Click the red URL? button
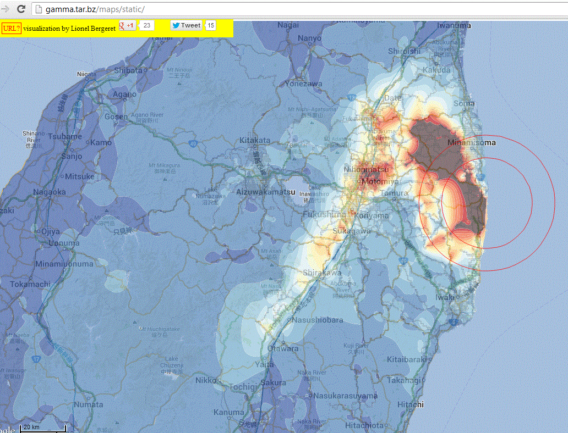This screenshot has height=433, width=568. click(11, 27)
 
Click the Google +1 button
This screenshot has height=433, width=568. click(128, 26)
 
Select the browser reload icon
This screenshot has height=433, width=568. click(21, 9)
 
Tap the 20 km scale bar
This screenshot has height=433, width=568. click(43, 427)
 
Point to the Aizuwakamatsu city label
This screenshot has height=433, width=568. click(265, 192)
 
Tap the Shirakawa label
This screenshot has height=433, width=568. click(322, 273)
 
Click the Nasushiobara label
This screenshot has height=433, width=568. click(318, 320)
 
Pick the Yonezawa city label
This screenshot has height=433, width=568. click(303, 84)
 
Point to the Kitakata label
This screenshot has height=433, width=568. click(255, 140)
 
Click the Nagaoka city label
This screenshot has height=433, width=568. click(49, 192)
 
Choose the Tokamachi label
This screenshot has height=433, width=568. click(30, 284)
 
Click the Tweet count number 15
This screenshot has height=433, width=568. click(211, 25)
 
